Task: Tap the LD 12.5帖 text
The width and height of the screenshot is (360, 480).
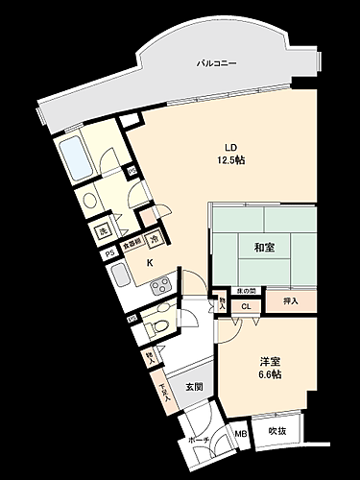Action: point(230,154)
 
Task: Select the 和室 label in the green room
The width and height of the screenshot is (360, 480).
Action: point(265,248)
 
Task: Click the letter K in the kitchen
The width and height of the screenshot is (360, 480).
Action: point(149,262)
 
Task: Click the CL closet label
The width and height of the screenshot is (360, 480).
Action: point(246,307)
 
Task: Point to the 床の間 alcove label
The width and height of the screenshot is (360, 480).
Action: point(247,291)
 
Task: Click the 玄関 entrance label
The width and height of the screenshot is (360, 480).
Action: point(194,387)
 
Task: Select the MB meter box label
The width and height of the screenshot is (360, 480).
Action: point(242,433)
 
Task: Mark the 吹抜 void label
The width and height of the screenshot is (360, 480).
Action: point(277,430)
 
